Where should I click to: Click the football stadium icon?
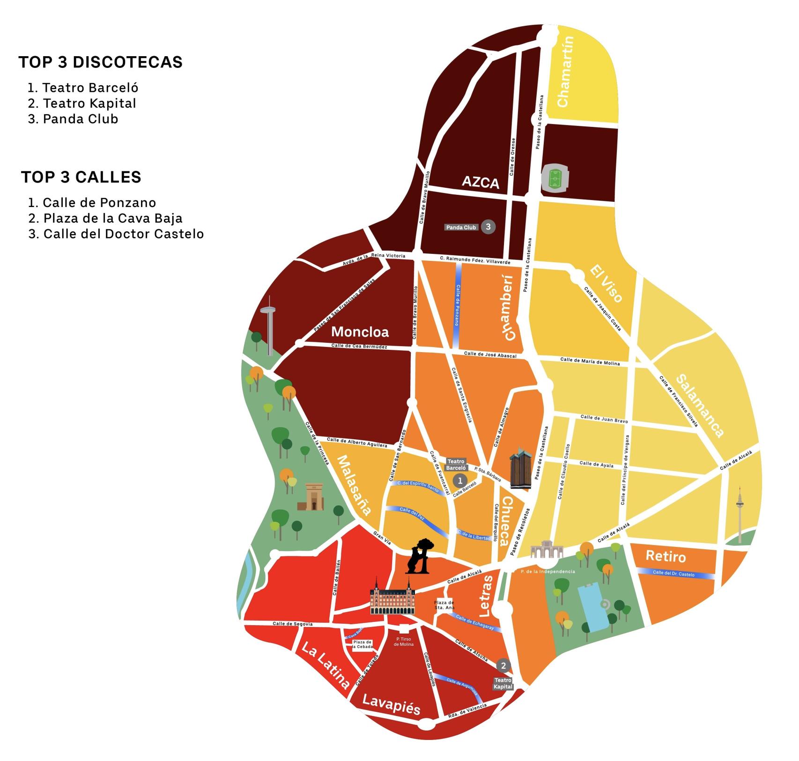(x=555, y=178)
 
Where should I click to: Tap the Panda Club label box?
(x=461, y=228)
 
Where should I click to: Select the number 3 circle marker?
(x=488, y=227)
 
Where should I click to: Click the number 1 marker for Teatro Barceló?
(x=460, y=480)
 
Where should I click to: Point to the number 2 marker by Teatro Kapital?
(x=503, y=665)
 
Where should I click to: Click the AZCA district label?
(x=480, y=182)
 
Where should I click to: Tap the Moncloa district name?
(x=360, y=332)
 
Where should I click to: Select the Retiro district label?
(x=666, y=556)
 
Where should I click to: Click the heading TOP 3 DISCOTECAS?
(x=101, y=62)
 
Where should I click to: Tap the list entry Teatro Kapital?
(x=89, y=103)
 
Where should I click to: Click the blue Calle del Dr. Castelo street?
(x=675, y=573)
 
